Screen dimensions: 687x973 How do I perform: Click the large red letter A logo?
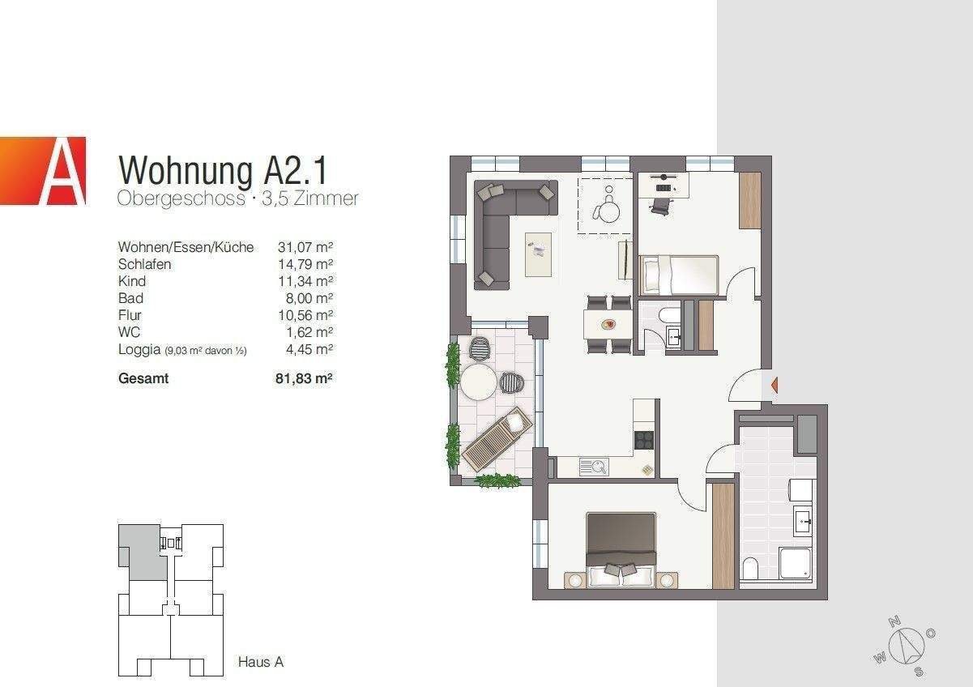point(44,171)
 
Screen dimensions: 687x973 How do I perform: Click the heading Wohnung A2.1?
point(223,170)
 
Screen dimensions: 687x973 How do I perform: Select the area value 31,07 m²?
point(306,247)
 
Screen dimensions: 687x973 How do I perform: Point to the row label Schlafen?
point(145,264)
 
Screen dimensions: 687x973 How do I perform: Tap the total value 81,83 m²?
point(305,378)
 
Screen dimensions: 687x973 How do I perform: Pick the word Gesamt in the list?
point(143,378)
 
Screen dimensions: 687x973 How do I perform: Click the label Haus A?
point(260,662)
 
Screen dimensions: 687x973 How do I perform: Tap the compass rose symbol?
point(905,646)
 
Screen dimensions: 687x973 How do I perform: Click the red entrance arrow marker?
point(774,386)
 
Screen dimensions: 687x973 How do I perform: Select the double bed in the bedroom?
point(621,550)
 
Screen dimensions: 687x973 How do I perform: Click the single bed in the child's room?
point(679,275)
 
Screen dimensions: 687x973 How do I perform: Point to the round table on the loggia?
point(478,382)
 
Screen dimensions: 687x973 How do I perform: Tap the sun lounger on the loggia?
point(495,441)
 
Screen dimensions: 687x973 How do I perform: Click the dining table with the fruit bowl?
point(608,325)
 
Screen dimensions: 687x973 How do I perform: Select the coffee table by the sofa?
point(538,254)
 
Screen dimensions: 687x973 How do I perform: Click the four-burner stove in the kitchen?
point(644,439)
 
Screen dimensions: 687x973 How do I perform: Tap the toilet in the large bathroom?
point(749,569)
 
